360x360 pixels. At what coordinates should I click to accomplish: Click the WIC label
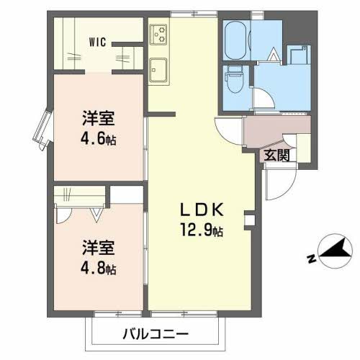coord(98,41)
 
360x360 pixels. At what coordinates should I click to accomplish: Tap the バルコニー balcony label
coord(155,335)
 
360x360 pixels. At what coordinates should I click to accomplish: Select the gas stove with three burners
coord(159,34)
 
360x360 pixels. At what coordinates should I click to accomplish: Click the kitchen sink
coord(158,71)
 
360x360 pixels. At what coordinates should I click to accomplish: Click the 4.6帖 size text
coord(95,139)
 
